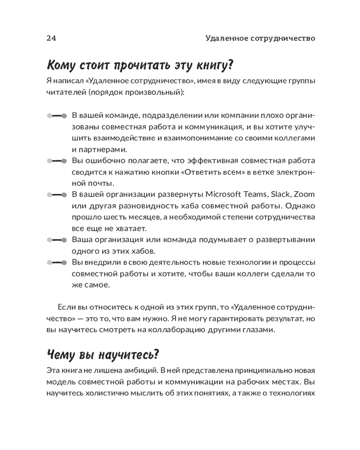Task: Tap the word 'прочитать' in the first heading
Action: click(x=139, y=65)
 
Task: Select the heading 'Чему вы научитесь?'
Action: click(x=103, y=355)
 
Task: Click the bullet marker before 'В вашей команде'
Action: click(x=57, y=115)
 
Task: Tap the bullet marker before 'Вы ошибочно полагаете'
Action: click(x=57, y=161)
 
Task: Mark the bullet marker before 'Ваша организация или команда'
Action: click(x=57, y=240)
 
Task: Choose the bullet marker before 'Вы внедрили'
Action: click(x=57, y=262)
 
